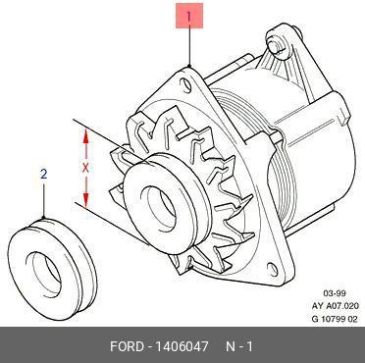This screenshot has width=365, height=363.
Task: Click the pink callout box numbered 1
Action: click(x=189, y=16)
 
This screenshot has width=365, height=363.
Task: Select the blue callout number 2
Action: click(x=44, y=175)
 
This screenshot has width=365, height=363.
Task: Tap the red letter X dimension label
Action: click(x=85, y=168)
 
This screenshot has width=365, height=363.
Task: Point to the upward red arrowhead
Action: click(x=85, y=135)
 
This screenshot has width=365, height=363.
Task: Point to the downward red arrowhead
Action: click(x=85, y=200)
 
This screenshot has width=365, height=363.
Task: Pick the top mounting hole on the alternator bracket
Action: click(x=186, y=84)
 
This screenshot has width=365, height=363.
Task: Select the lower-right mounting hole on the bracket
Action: click(x=273, y=269)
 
